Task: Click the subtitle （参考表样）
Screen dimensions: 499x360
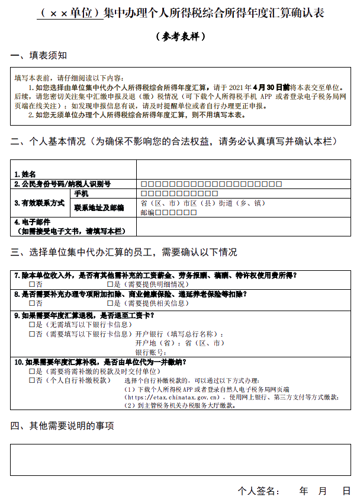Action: (181, 36)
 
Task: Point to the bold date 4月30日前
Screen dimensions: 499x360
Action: (272, 87)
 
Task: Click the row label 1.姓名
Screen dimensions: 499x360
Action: (25, 174)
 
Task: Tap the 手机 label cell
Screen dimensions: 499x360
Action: (81, 194)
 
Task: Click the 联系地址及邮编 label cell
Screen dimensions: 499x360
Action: (98, 207)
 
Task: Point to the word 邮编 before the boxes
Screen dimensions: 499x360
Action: (147, 212)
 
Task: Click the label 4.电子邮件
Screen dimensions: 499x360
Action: (30, 223)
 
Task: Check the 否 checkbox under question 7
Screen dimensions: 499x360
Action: (32, 285)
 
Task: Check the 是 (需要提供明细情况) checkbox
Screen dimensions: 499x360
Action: (110, 285)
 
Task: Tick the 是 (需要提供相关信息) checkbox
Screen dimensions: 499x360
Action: (110, 304)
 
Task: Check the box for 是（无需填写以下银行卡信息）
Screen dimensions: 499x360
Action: (32, 325)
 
